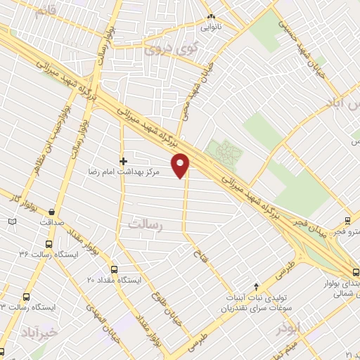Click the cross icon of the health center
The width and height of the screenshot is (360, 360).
pos(124,161)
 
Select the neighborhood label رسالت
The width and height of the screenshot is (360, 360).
pos(146,224)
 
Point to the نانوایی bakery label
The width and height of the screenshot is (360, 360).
pos(211,28)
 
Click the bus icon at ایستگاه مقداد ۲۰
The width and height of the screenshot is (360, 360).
pos(115,269)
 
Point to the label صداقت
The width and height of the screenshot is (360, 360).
pos(52,221)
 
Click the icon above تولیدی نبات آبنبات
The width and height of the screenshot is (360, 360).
pos(257,286)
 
